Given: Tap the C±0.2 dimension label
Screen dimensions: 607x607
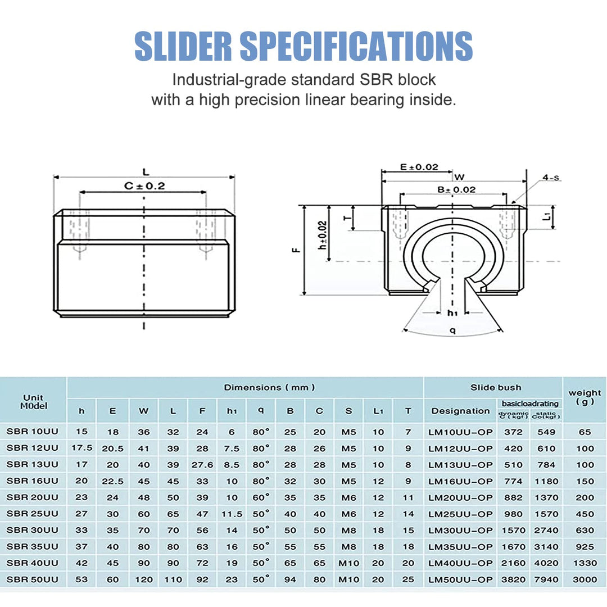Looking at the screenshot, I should coord(144,186).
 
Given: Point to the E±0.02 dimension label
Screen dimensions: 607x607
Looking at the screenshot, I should coord(419,167).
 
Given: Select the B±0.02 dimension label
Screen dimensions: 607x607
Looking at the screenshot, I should coord(456,190).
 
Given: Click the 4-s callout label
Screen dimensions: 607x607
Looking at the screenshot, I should coord(551,178).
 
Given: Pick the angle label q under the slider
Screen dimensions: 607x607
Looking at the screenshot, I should coord(452,331).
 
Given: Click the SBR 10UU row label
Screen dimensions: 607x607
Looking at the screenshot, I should coord(33,432).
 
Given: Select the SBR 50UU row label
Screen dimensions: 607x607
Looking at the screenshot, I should coord(33,579).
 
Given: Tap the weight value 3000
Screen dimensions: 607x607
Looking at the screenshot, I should coord(585,579).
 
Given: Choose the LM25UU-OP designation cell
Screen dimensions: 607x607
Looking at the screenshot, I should coord(460,514).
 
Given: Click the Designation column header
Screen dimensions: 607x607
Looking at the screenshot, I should coord(460,411).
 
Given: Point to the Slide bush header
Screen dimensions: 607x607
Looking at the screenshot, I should coord(495,387).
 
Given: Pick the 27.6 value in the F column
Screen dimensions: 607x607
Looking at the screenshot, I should coord(202,465).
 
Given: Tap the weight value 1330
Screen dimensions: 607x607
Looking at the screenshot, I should coord(585,563).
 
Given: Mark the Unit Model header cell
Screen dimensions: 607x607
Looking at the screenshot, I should coord(34,401).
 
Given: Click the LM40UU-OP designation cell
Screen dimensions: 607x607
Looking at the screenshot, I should coord(460,563).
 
